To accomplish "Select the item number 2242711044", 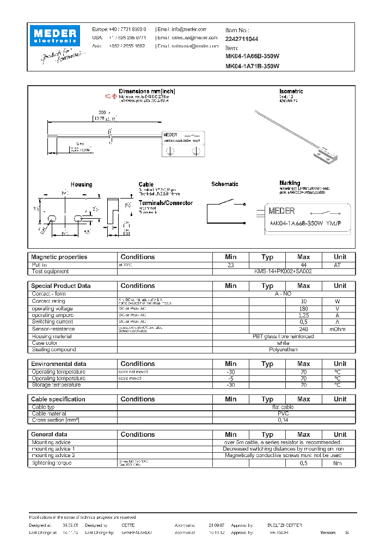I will pyautogui.click(x=242, y=39).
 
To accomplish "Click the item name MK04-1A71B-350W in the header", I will pyautogui.click(x=252, y=66).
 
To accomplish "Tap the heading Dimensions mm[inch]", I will pyautogui.click(x=147, y=91).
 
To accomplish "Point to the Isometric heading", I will pyautogui.click(x=291, y=91).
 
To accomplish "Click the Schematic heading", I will pyautogui.click(x=224, y=184).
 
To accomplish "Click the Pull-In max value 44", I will pyautogui.click(x=303, y=265).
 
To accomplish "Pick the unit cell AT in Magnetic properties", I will pyautogui.click(x=340, y=265).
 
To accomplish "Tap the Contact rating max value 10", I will pyautogui.click(x=303, y=301).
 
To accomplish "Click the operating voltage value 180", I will pyautogui.click(x=303, y=308).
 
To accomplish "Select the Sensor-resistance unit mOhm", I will pyautogui.click(x=340, y=329).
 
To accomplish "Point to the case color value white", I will pyautogui.click(x=283, y=343).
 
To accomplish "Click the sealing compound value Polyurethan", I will pyautogui.click(x=283, y=350).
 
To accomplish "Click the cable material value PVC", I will pyautogui.click(x=283, y=413).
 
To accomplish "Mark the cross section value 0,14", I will pyautogui.click(x=283, y=421).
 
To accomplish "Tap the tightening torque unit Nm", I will pyautogui.click(x=340, y=463).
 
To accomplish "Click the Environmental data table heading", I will pyautogui.click(x=58, y=364).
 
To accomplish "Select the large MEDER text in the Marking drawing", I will pyautogui.click(x=282, y=211).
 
